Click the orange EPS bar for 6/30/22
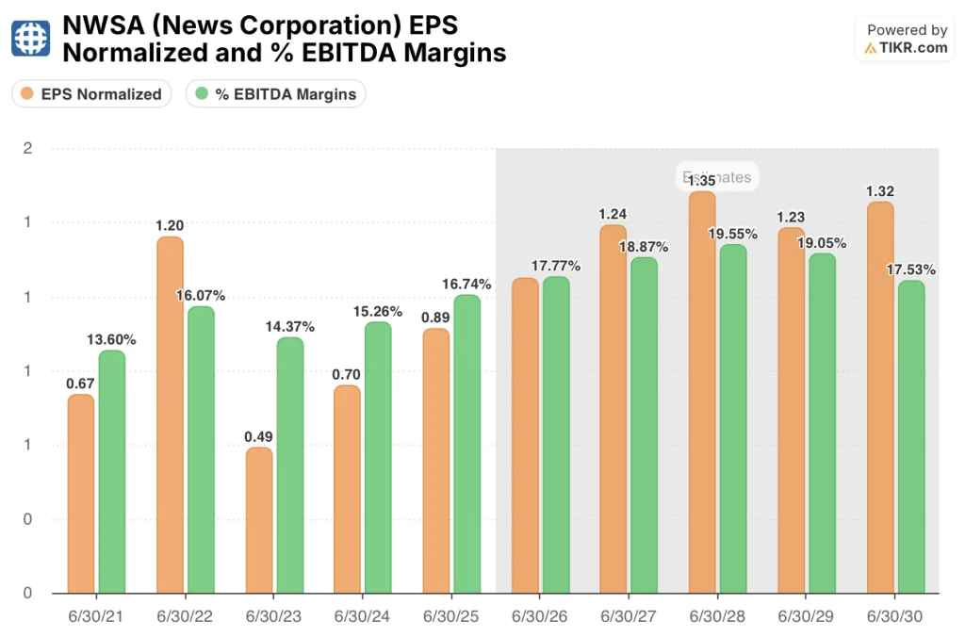(170, 415)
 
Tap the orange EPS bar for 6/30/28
(702, 392)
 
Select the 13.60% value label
(112, 339)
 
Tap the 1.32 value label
(879, 190)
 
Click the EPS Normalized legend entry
(91, 93)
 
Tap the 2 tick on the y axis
(28, 149)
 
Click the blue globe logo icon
(31, 38)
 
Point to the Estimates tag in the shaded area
(718, 177)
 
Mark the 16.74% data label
(467, 284)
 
